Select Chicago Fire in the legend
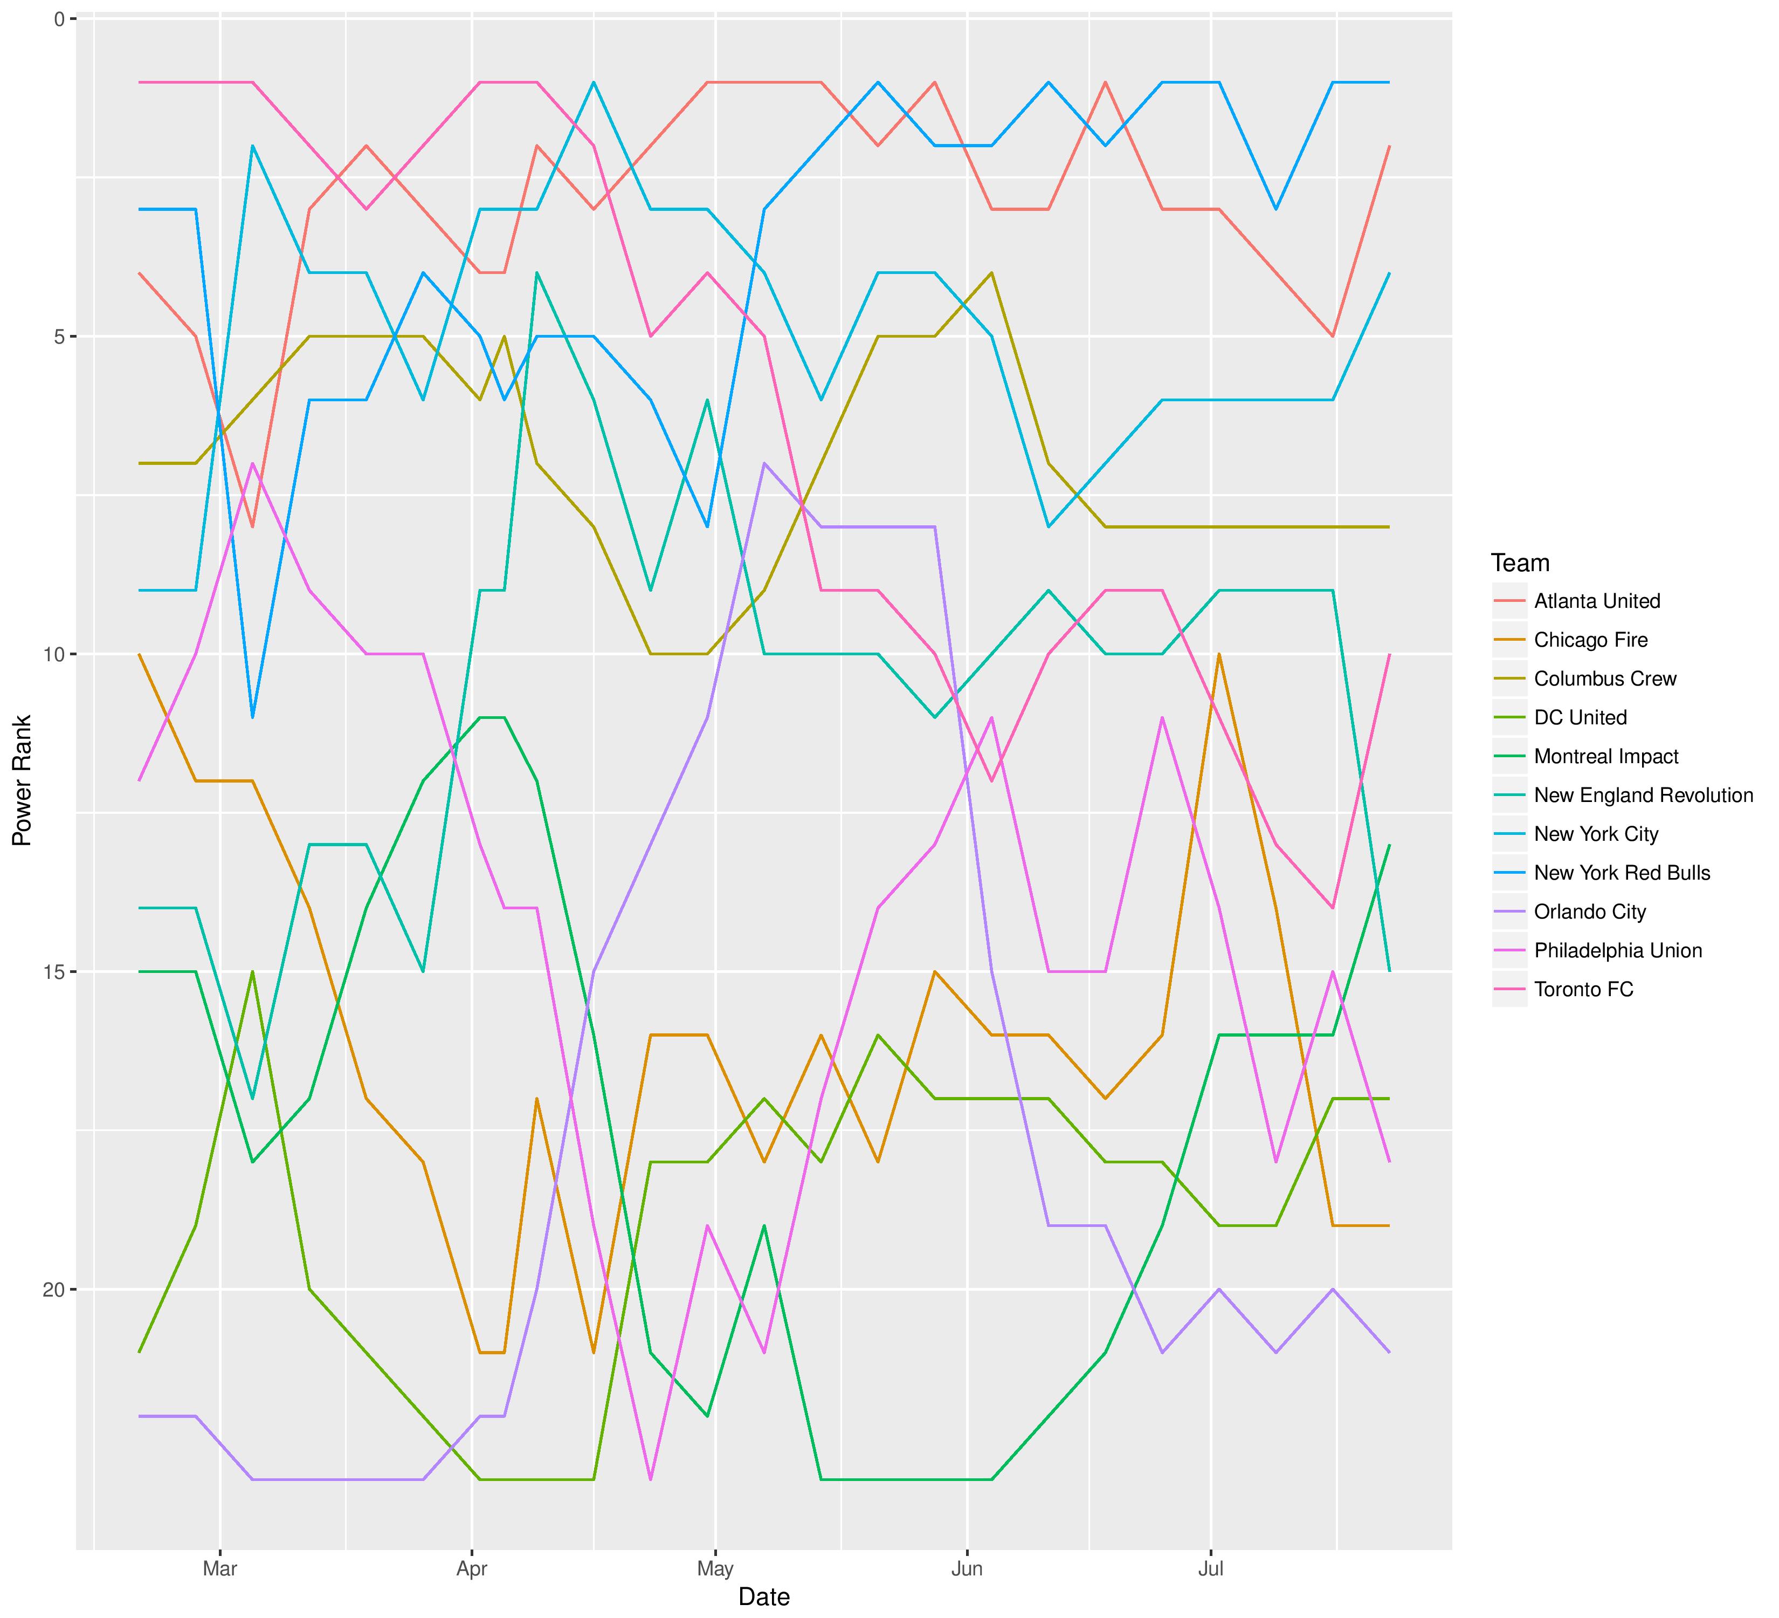point(1590,640)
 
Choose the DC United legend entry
point(1580,718)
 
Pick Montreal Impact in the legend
point(1606,757)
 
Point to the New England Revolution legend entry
point(1643,796)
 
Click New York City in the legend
point(1596,834)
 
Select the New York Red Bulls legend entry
point(1622,873)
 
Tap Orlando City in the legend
point(1589,912)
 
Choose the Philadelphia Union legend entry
point(1617,951)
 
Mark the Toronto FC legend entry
point(1583,990)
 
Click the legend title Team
point(1520,563)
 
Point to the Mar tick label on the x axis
point(220,1569)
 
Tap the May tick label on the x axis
point(715,1569)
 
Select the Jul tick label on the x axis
point(1211,1569)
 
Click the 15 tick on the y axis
point(54,972)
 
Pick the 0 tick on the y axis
point(60,18)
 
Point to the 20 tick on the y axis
point(54,1290)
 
